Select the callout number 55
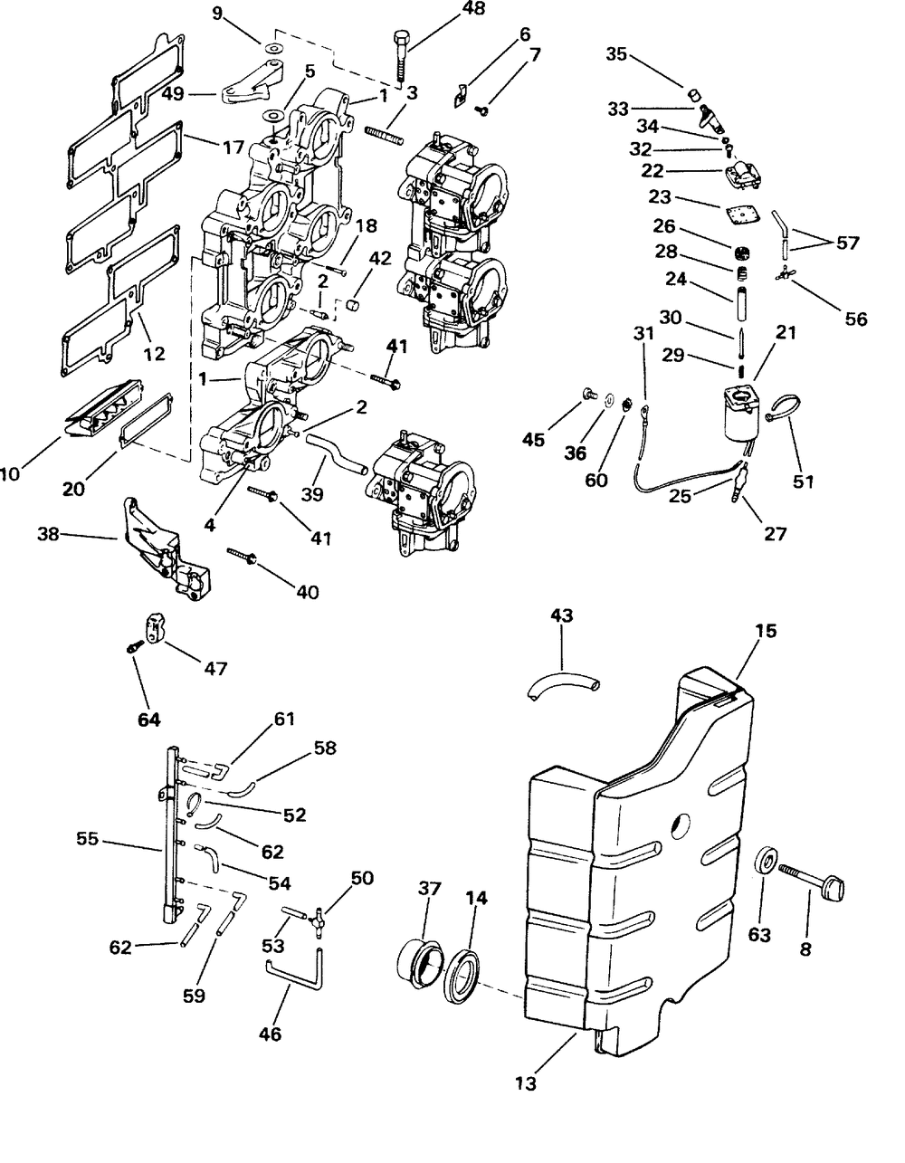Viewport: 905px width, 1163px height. coord(87,838)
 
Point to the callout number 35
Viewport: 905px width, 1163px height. coord(616,54)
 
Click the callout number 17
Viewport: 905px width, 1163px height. coord(233,147)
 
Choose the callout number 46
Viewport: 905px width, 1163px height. coord(271,1034)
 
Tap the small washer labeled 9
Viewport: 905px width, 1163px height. coord(274,49)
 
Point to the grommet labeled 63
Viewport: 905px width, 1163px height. coord(766,860)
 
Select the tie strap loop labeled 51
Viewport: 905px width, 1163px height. coord(786,406)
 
